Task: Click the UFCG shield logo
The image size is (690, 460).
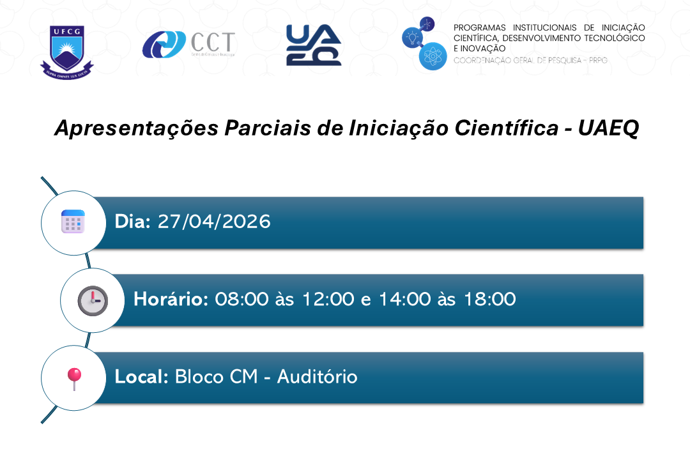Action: (x=67, y=50)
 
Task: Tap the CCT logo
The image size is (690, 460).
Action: (x=188, y=44)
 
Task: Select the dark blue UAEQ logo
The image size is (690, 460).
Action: (x=313, y=45)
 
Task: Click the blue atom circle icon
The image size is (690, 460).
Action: (x=433, y=57)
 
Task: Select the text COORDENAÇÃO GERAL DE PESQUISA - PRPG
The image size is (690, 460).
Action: (x=530, y=60)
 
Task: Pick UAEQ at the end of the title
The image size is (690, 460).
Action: (x=608, y=128)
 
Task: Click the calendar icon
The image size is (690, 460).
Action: (x=72, y=222)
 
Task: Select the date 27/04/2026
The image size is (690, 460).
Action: (x=214, y=222)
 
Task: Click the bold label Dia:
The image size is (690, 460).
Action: (x=132, y=222)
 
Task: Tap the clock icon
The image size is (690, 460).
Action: (x=92, y=300)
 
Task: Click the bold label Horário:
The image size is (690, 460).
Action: (x=171, y=299)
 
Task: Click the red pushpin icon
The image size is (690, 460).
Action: (x=74, y=378)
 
